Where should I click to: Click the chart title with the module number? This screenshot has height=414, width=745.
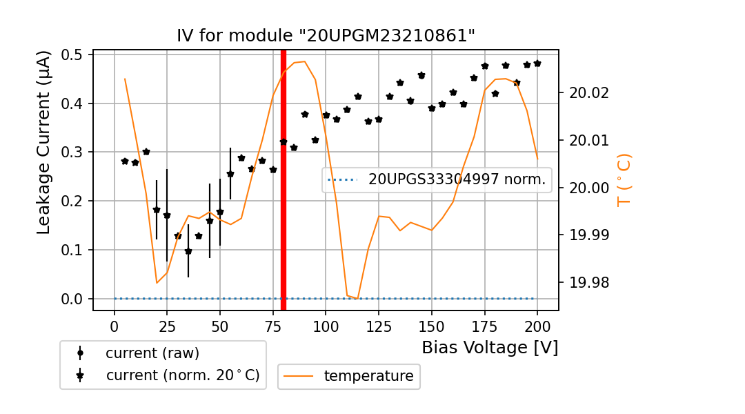pos(326,36)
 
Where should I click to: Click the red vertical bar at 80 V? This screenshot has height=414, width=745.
pos(284,179)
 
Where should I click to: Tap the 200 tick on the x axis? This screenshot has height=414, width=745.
pos(537,326)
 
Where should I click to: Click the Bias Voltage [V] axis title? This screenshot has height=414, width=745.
pos(490,348)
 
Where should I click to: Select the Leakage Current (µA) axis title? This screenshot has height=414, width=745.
pos(44,141)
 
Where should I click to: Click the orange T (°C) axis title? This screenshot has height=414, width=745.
pos(624,179)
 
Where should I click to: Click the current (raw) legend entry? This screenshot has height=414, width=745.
pos(152,353)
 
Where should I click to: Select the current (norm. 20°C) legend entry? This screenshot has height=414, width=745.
pos(182,375)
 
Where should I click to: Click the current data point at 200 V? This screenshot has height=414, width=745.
pos(537,63)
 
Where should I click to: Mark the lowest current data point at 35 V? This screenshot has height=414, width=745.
pos(188,251)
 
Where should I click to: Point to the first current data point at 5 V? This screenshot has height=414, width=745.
pos(125,161)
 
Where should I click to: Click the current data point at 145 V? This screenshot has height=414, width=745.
pos(421,75)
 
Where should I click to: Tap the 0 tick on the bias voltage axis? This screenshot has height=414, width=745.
pos(115,326)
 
